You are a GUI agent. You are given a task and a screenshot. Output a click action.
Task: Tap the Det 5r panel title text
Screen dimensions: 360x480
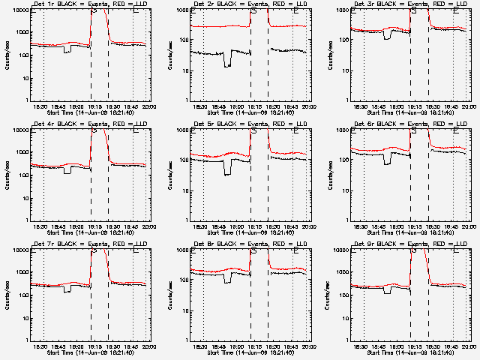pyautogui.click(x=251, y=124)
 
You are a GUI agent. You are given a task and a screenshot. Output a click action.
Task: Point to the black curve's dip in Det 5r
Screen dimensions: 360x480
pyautogui.click(x=227, y=173)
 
